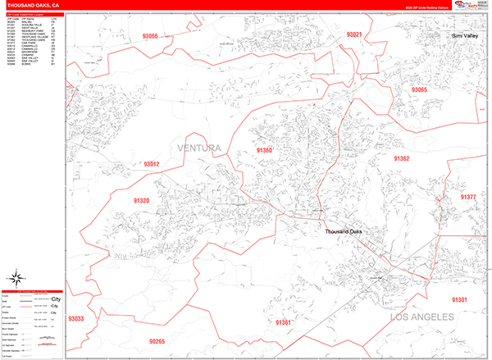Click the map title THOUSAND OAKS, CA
coord(34,7)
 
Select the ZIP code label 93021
coord(355,34)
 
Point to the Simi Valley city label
coord(469,37)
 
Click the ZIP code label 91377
coord(467,198)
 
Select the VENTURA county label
coord(199,148)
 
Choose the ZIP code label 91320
coord(142,200)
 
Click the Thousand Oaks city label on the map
coord(343,232)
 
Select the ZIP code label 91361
coord(284,323)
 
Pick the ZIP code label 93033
coord(76,318)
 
